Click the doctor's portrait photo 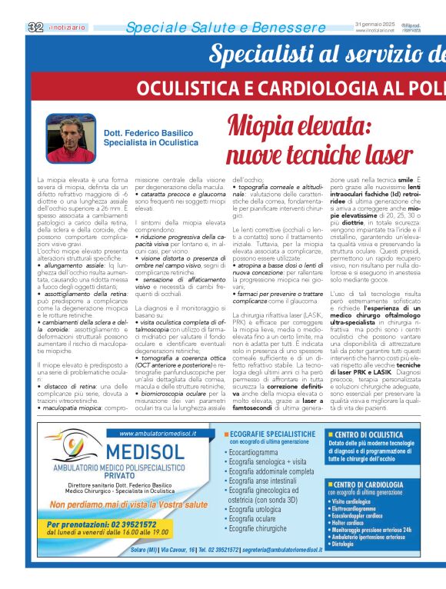click(x=72, y=138)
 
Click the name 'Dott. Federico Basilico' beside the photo click(x=147, y=133)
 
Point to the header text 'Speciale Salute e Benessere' click(x=215, y=28)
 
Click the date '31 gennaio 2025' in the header click(x=374, y=24)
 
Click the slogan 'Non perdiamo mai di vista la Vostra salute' click(x=128, y=504)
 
